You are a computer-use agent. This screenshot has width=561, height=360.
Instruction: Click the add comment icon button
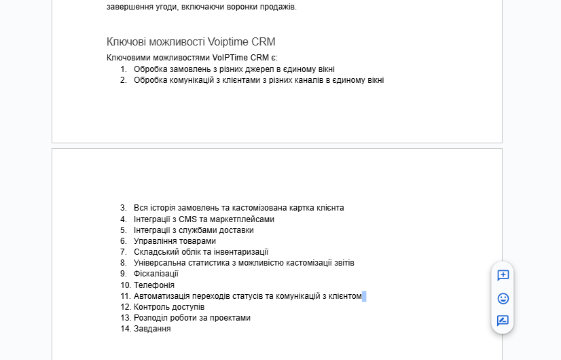pyautogui.click(x=503, y=275)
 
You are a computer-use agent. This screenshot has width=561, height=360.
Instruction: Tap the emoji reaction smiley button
pyautogui.click(x=503, y=298)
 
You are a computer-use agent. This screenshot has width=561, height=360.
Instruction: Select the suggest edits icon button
pyautogui.click(x=503, y=321)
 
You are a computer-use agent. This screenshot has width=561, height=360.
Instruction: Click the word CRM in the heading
pyautogui.click(x=264, y=42)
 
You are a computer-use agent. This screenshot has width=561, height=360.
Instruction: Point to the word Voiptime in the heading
pyautogui.click(x=229, y=42)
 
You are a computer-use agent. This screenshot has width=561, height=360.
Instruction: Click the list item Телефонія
pyautogui.click(x=154, y=285)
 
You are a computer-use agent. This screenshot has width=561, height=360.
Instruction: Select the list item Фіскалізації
pyautogui.click(x=156, y=274)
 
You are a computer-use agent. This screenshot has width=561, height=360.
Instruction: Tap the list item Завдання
pyautogui.click(x=152, y=329)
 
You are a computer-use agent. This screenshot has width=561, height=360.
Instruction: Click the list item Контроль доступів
pyautogui.click(x=169, y=307)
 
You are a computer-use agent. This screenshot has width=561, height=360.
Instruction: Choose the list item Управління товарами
pyautogui.click(x=175, y=241)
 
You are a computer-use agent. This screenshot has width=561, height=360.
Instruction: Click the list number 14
pyautogui.click(x=125, y=329)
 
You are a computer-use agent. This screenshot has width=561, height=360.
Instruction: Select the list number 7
pyautogui.click(x=124, y=252)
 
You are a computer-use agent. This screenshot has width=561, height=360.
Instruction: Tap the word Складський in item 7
pyautogui.click(x=154, y=252)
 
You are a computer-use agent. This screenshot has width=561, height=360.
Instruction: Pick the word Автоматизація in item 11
pyautogui.click(x=164, y=296)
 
